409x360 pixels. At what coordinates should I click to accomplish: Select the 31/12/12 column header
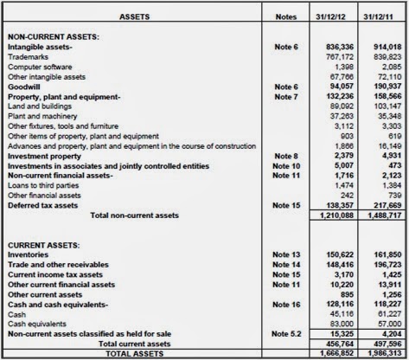point(328,16)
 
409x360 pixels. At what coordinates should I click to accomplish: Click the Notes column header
point(285,16)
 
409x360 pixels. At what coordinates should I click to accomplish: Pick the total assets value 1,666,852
point(332,353)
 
